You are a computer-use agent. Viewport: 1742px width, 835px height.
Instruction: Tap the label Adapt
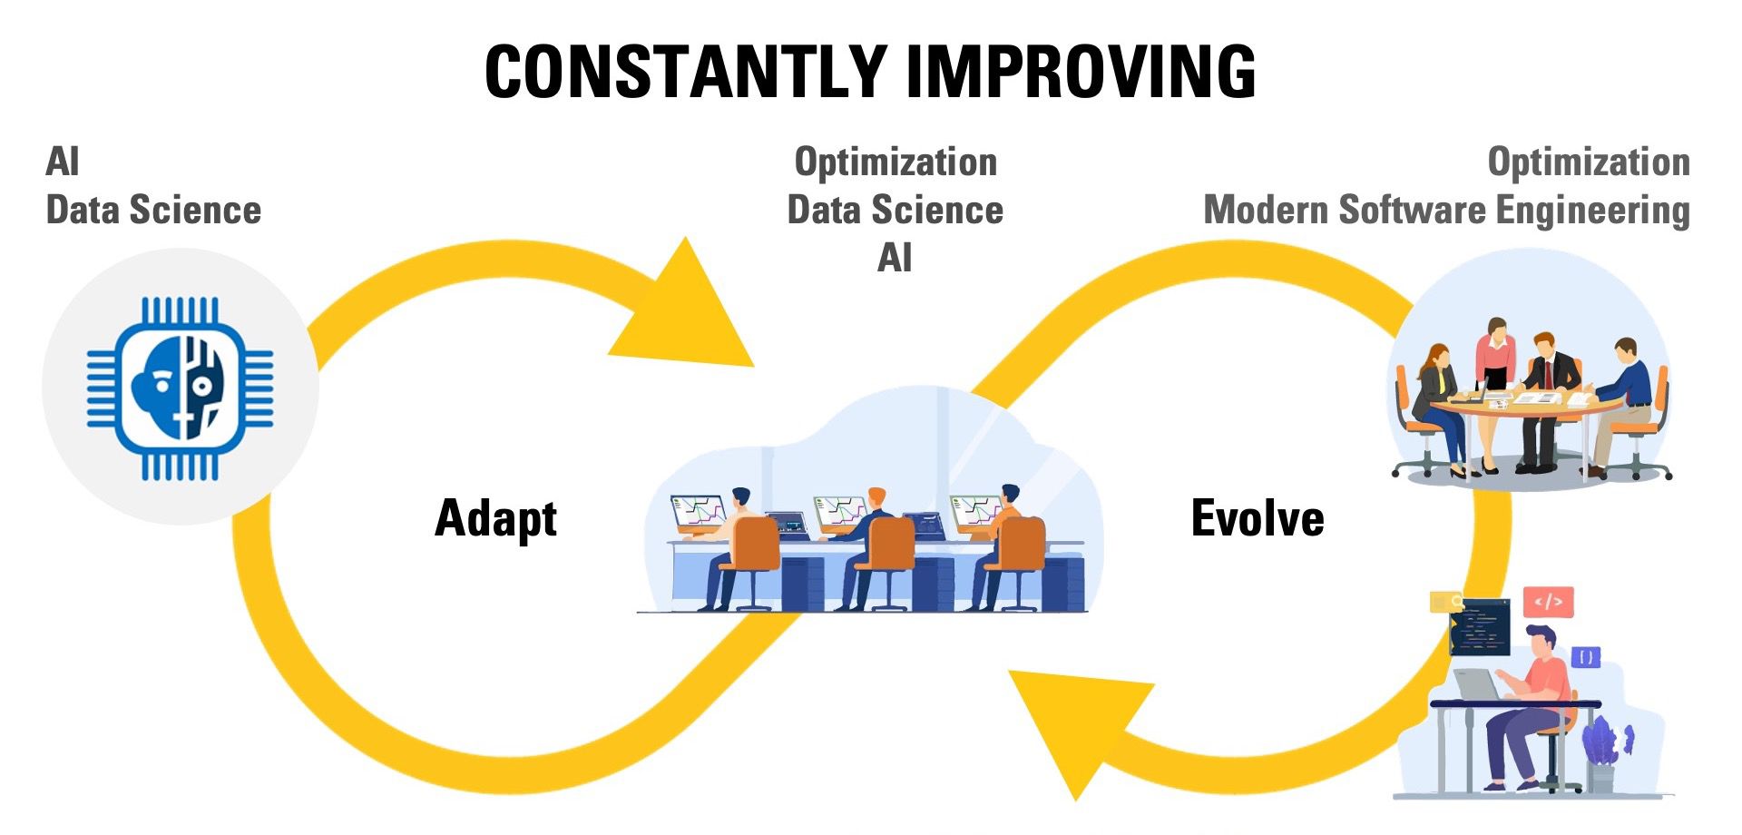click(x=495, y=519)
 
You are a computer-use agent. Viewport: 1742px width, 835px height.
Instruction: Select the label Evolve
click(x=1258, y=518)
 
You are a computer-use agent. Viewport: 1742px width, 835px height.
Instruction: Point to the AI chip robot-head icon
click(x=181, y=388)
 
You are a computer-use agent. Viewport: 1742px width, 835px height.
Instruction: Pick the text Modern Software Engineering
click(x=1446, y=211)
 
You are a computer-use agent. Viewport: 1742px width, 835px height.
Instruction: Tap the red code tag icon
click(x=1549, y=601)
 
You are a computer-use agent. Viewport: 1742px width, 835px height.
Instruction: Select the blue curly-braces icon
click(x=1585, y=657)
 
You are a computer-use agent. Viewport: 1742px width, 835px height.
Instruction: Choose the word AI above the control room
click(x=895, y=259)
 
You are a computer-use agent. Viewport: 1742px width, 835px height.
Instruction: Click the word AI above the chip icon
click(x=63, y=162)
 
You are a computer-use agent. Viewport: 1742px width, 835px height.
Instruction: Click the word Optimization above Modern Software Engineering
click(x=1589, y=162)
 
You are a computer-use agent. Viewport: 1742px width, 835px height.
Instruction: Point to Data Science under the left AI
click(x=153, y=211)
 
